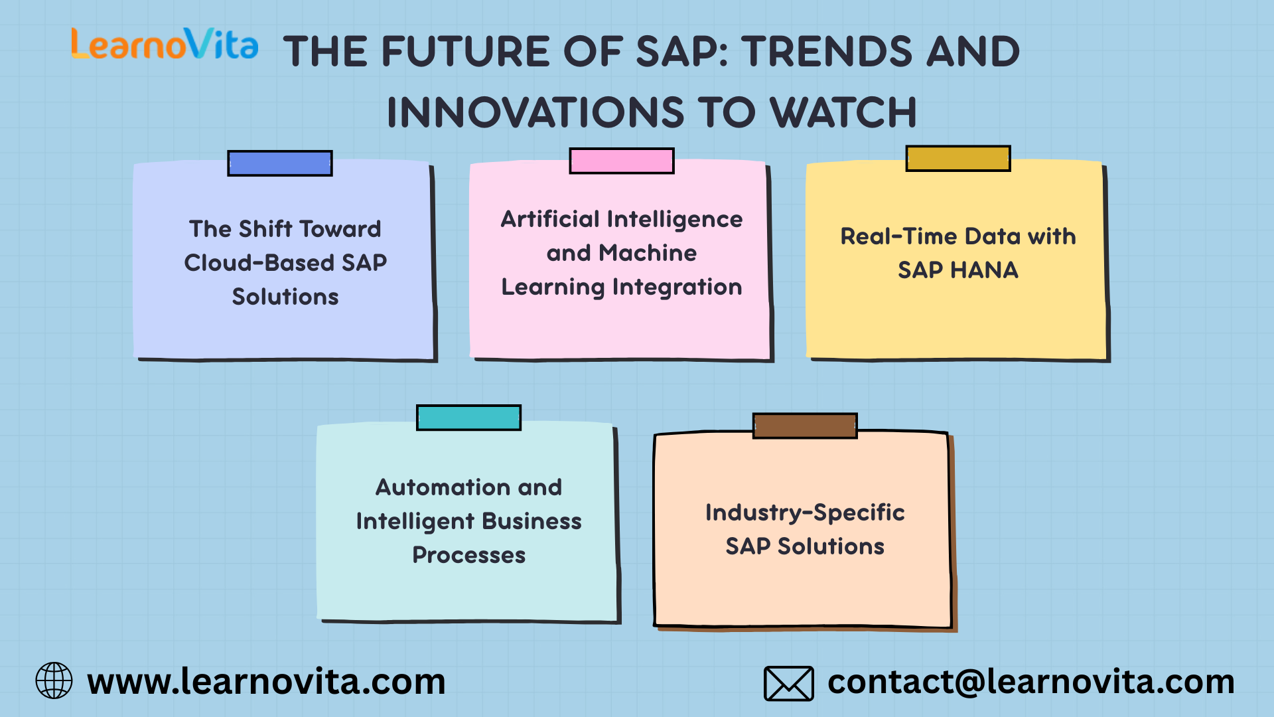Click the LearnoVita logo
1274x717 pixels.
pyautogui.click(x=165, y=43)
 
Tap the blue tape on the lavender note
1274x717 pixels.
pyautogui.click(x=279, y=163)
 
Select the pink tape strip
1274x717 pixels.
pyautogui.click(x=622, y=161)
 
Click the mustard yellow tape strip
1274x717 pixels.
pyautogui.click(x=958, y=159)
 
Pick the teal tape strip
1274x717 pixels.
pyautogui.click(x=468, y=418)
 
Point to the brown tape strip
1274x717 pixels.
pyautogui.click(x=805, y=426)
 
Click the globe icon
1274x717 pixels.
pyautogui.click(x=54, y=680)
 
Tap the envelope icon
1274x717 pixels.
pyautogui.click(x=788, y=683)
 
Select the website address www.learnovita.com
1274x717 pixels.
pyautogui.click(x=266, y=682)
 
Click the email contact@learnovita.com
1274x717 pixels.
pyautogui.click(x=1031, y=682)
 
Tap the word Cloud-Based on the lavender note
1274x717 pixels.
pyautogui.click(x=259, y=263)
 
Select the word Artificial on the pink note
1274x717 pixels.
pyautogui.click(x=550, y=219)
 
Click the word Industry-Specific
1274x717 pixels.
pyautogui.click(x=805, y=513)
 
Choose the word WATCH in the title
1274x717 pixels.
pyautogui.click(x=844, y=112)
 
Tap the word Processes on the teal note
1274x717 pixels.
pyautogui.click(x=469, y=555)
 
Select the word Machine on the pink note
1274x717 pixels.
pyautogui.click(x=648, y=253)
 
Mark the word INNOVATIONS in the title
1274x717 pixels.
pyautogui.click(x=535, y=112)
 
